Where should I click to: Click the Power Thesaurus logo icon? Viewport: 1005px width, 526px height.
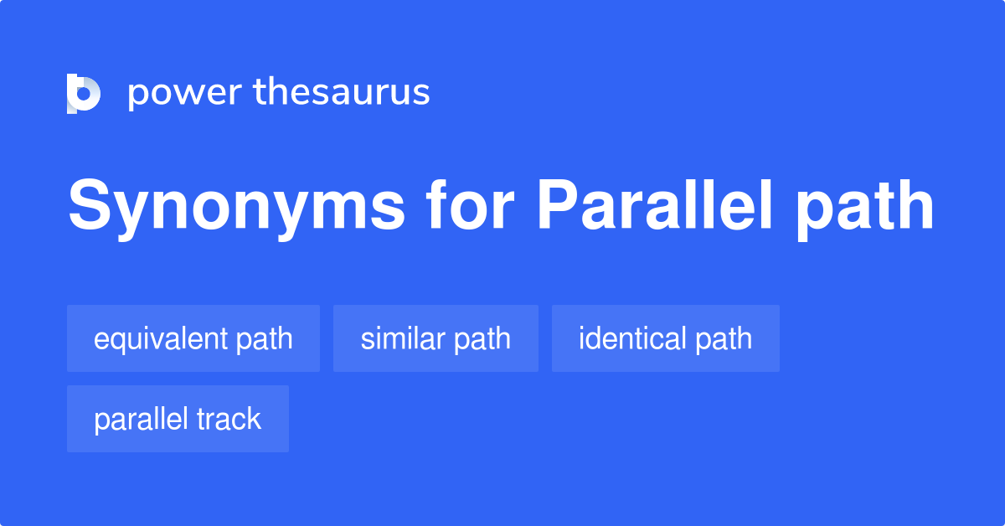84,92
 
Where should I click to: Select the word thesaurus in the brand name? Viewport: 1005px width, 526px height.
342,92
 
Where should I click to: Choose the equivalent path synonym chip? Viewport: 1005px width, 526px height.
193,338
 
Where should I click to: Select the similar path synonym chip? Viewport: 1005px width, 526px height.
435,338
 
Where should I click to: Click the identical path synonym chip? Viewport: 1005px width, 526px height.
665,338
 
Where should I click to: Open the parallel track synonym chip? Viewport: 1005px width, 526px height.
178,419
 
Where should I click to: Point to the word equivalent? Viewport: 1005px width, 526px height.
161,338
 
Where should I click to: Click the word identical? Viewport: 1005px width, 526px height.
632,338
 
